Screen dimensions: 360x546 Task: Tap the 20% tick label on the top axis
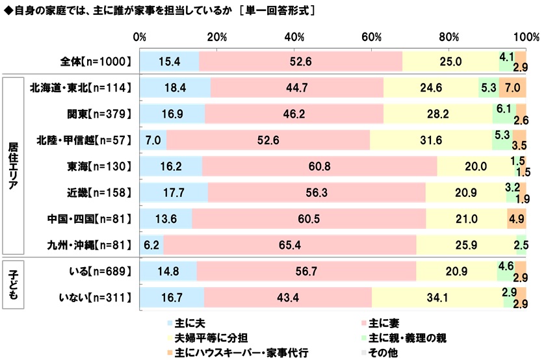tap(216, 36)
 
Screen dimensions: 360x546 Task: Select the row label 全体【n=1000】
tap(95, 61)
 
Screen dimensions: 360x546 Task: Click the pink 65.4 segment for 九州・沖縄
tap(289, 245)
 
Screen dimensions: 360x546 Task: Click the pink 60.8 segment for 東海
tap(320, 166)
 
